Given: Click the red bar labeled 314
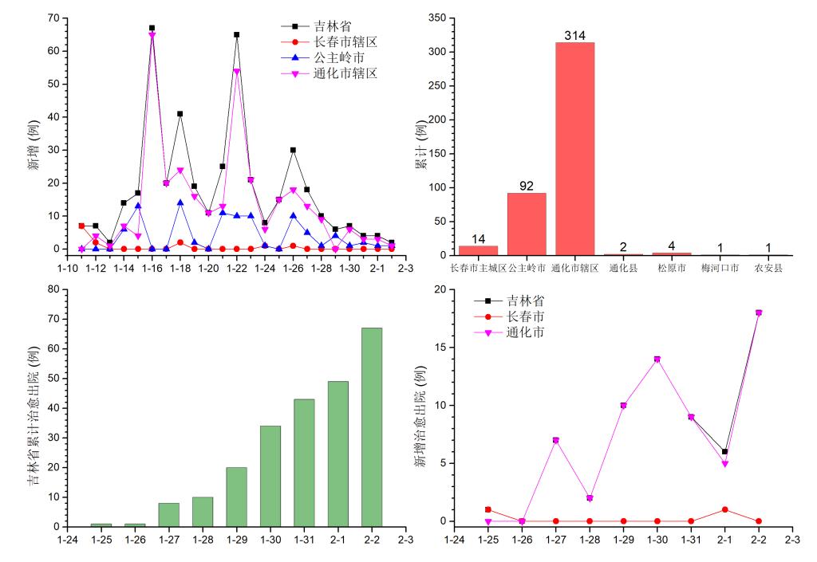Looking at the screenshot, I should point(574,148).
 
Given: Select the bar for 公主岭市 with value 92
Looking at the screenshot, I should point(527,224).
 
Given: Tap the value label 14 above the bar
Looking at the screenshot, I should point(479,238).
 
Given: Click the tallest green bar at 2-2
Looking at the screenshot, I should point(371,426).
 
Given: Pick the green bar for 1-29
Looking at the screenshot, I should point(236,497).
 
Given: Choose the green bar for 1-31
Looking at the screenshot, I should point(303,462).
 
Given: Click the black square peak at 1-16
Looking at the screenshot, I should point(152,28).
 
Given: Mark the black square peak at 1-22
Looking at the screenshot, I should point(236,34).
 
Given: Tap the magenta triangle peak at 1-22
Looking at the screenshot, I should point(236,71).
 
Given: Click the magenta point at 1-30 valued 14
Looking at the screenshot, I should point(657,359).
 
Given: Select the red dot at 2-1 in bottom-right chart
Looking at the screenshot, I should point(724,509).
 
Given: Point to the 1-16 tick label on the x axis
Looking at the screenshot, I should point(152,269).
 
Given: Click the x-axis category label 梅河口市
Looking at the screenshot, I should point(720,269).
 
